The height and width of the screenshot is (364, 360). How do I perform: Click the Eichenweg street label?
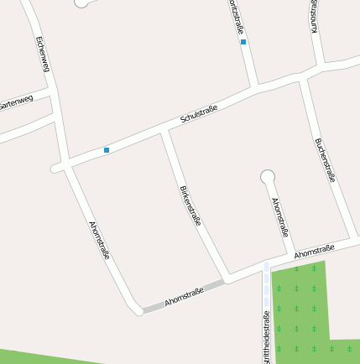coord(43,54)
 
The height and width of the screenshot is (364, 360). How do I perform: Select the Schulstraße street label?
coord(199,116)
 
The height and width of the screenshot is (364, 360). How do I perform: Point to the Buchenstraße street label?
coord(325,159)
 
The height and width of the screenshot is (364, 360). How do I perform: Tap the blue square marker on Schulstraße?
coord(107,150)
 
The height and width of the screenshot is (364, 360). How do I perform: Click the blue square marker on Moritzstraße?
coord(243,41)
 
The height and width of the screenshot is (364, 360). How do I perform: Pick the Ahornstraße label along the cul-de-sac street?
coord(280,218)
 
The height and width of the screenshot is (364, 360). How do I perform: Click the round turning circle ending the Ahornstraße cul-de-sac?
coord(268,177)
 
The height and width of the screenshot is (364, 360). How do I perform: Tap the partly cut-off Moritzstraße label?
coord(233,15)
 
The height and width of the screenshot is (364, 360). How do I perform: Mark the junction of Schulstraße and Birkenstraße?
coord(164,133)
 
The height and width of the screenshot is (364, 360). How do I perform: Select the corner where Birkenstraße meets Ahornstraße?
coord(227,278)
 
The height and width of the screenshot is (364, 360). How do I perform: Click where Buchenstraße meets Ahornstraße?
coord(347,239)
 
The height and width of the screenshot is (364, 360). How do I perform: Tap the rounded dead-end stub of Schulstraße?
coord(57,168)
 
